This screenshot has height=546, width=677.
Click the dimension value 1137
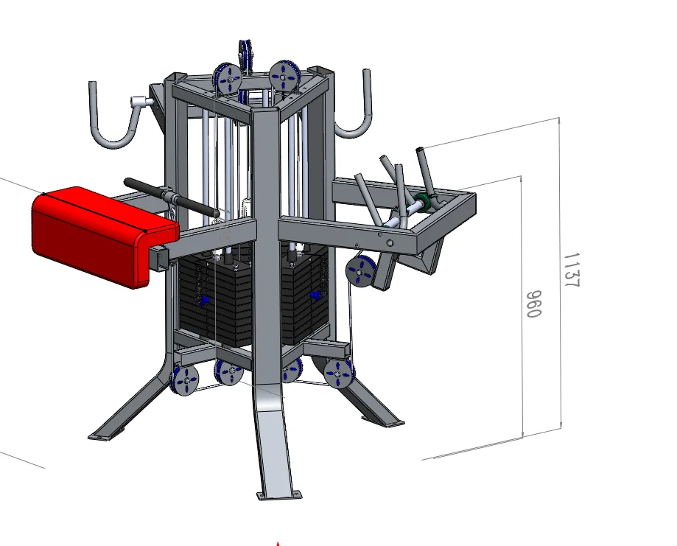click(572, 270)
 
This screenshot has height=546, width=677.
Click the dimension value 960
click(533, 304)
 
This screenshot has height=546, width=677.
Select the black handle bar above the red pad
click(172, 197)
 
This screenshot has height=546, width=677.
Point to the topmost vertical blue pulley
click(245, 55)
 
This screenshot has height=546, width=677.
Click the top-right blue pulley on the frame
click(283, 77)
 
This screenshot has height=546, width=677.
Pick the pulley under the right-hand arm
click(359, 271)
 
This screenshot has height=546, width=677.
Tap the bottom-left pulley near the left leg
click(185, 380)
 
